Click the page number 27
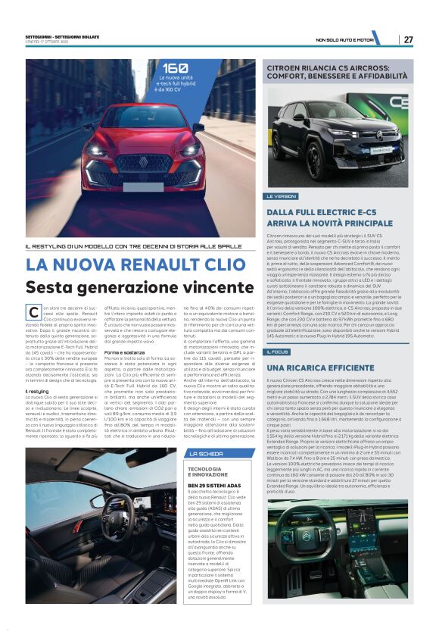(x=408, y=39)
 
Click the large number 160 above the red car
(x=175, y=68)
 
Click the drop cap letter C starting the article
(x=33, y=312)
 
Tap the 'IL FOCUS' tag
(x=278, y=352)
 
